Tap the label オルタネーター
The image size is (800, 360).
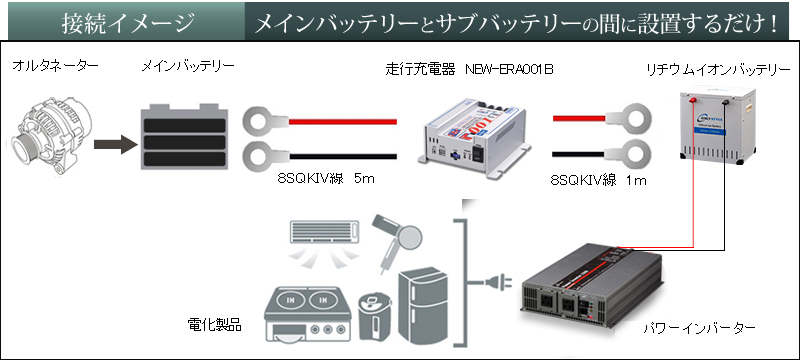(56, 66)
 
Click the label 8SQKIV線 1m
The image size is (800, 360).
(599, 183)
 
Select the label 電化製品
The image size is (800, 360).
(213, 326)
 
